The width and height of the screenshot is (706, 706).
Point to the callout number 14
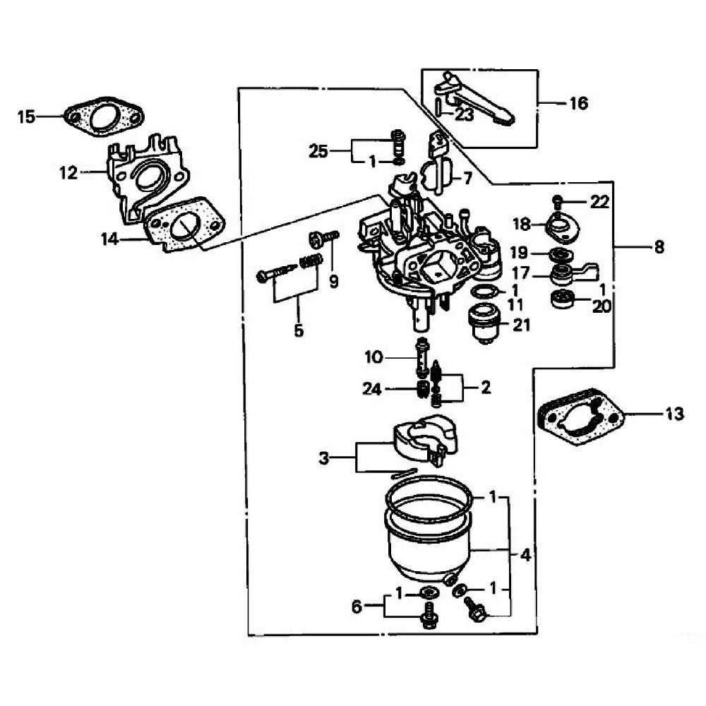tap(109, 240)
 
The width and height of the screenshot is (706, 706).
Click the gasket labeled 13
tap(581, 419)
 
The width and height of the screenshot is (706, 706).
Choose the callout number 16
tap(578, 104)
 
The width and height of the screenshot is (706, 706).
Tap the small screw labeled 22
tap(558, 201)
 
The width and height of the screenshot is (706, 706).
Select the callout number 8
tap(659, 247)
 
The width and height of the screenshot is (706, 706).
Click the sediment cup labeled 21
tap(485, 322)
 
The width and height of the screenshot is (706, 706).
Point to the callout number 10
tap(373, 357)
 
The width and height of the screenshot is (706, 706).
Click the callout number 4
tap(525, 555)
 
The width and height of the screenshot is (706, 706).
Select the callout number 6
tap(357, 606)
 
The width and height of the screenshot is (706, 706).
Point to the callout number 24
tap(373, 388)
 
